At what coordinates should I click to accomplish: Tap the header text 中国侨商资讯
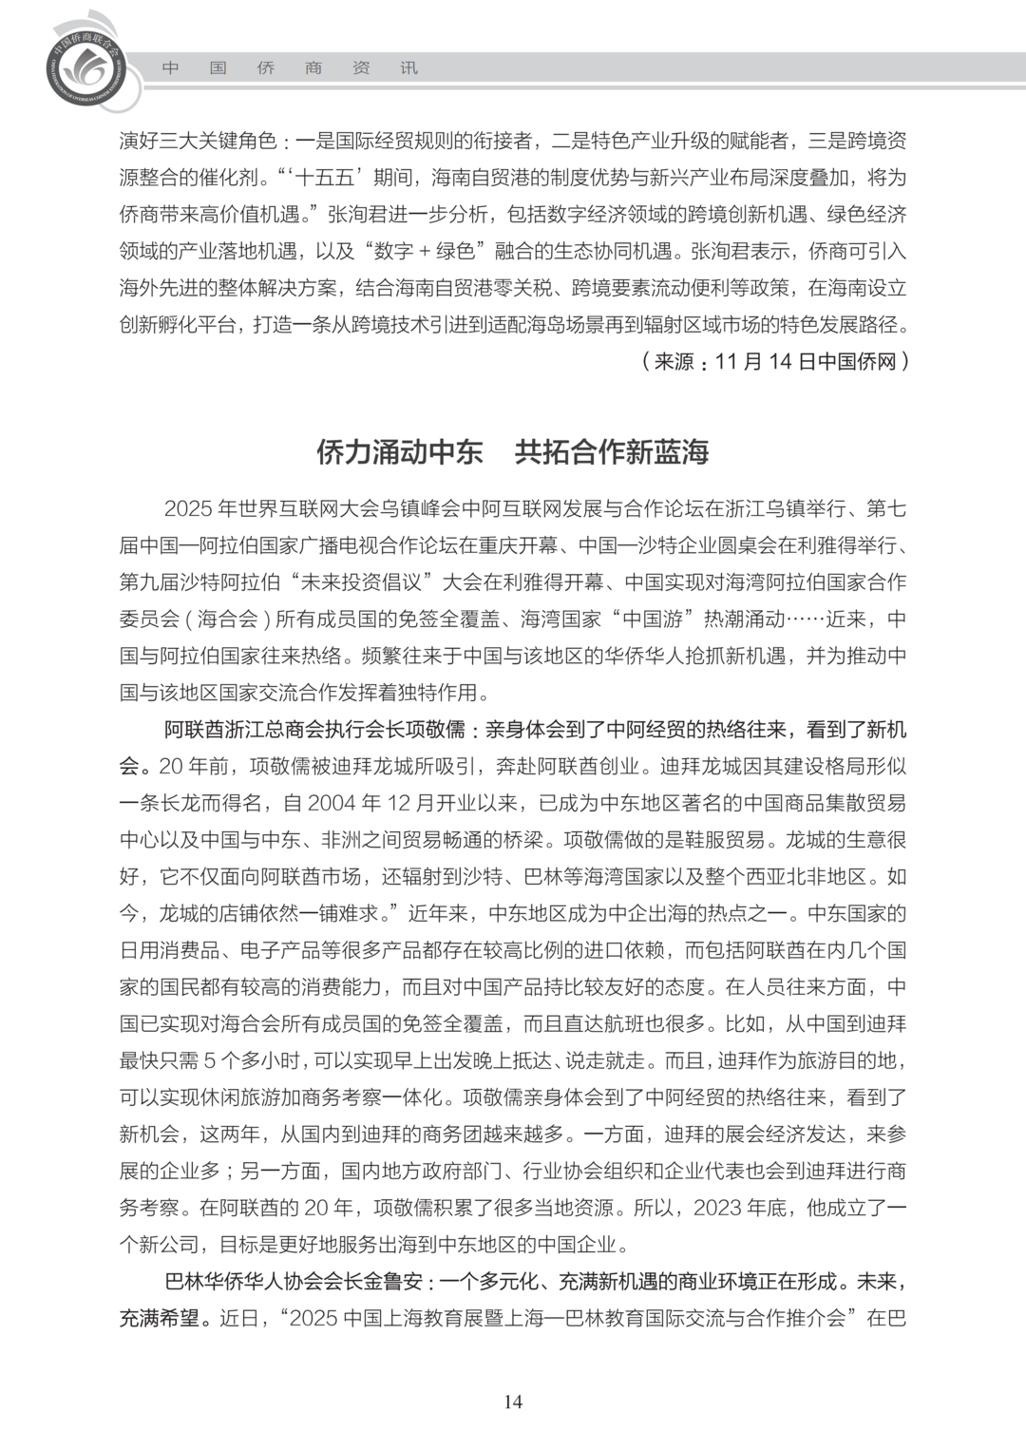click(x=289, y=68)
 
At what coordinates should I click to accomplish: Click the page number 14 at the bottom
click(x=513, y=1401)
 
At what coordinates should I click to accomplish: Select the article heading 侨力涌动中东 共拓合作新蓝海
click(x=513, y=452)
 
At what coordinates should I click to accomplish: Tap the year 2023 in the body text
click(x=718, y=1208)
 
